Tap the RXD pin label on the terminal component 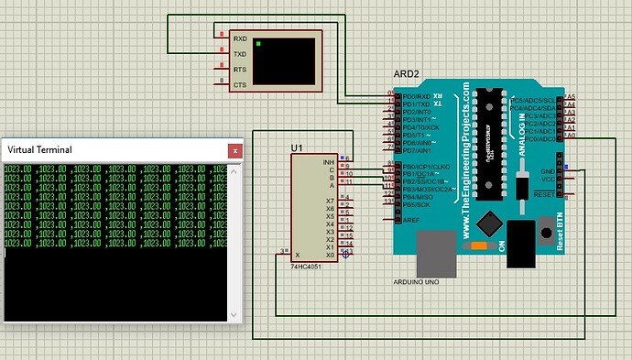(x=240, y=39)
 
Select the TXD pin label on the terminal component (x=240, y=54)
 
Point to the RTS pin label (x=240, y=70)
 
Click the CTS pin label (x=240, y=85)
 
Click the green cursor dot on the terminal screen (x=259, y=44)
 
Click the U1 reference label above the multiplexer (x=297, y=147)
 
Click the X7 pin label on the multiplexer (x=331, y=201)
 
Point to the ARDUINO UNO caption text (x=417, y=282)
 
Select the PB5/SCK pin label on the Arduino (x=418, y=205)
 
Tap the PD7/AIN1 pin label (x=419, y=150)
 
